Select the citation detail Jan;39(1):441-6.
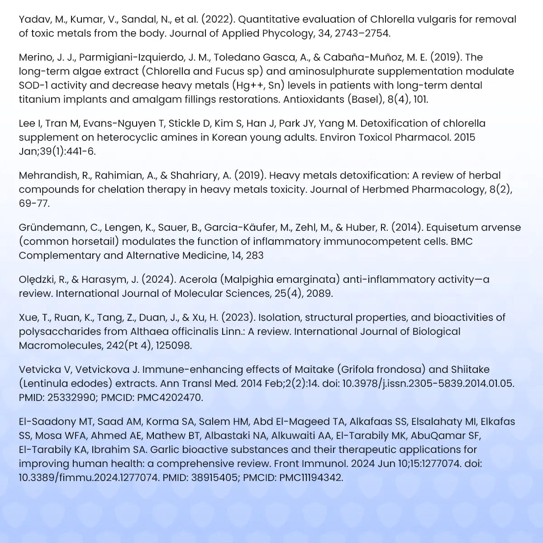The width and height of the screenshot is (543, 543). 57,152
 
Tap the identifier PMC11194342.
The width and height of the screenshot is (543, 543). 311,478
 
